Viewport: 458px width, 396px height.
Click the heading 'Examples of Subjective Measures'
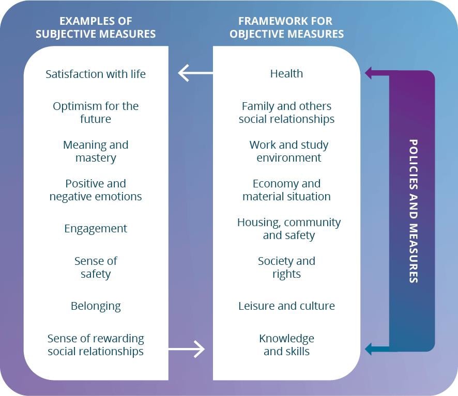tap(96, 28)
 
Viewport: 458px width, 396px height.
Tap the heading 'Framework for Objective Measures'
tap(286, 28)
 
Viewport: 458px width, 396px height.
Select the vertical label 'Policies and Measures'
tap(414, 211)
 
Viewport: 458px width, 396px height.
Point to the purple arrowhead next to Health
tap(369, 73)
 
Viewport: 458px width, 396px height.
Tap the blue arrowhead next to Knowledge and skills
tap(369, 349)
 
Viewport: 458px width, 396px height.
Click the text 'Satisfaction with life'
tap(96, 74)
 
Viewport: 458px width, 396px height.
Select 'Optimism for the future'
tap(96, 113)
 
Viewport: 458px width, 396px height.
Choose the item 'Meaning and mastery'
tap(96, 151)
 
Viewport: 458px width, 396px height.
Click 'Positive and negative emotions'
tap(96, 190)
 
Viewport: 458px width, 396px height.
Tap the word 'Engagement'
tap(96, 229)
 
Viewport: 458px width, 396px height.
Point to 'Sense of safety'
tap(96, 267)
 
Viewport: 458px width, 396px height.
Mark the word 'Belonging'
tap(96, 306)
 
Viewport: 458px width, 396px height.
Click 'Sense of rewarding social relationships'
tap(96, 345)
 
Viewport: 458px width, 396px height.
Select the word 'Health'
tap(286, 74)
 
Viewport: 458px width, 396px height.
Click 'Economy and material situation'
tap(286, 190)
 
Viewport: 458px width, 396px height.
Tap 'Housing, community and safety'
tap(288, 229)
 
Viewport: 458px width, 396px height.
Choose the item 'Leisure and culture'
tap(286, 306)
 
